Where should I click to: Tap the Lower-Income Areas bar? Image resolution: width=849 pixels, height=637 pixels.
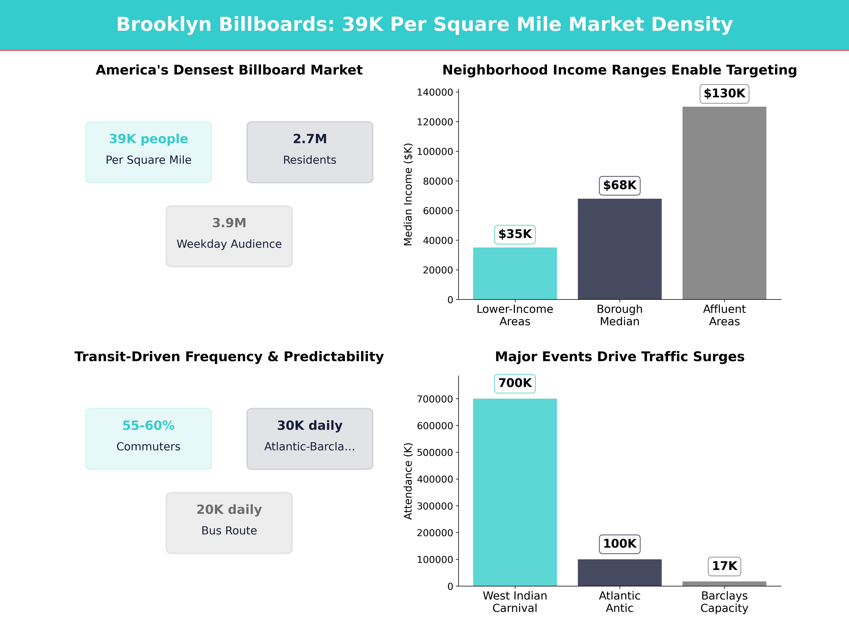point(515,273)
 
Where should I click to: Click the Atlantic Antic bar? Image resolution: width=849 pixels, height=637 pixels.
point(619,572)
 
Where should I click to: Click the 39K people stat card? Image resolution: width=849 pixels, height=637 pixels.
point(149,152)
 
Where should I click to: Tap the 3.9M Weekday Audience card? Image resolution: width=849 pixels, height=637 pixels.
point(229,236)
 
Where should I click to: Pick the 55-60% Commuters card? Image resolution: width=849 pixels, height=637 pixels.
point(149,438)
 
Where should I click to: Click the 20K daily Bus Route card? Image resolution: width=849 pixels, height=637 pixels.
point(229,523)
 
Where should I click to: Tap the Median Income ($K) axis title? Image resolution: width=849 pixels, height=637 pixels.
point(408,194)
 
